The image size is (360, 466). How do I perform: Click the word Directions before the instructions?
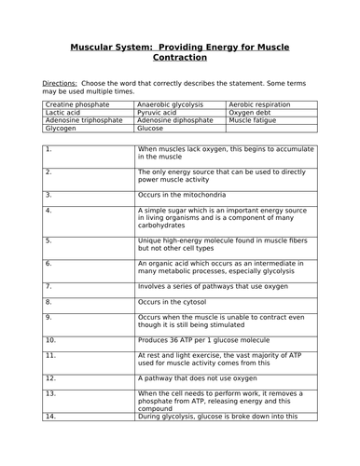coord(60,83)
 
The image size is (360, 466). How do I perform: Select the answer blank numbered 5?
coord(89,245)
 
